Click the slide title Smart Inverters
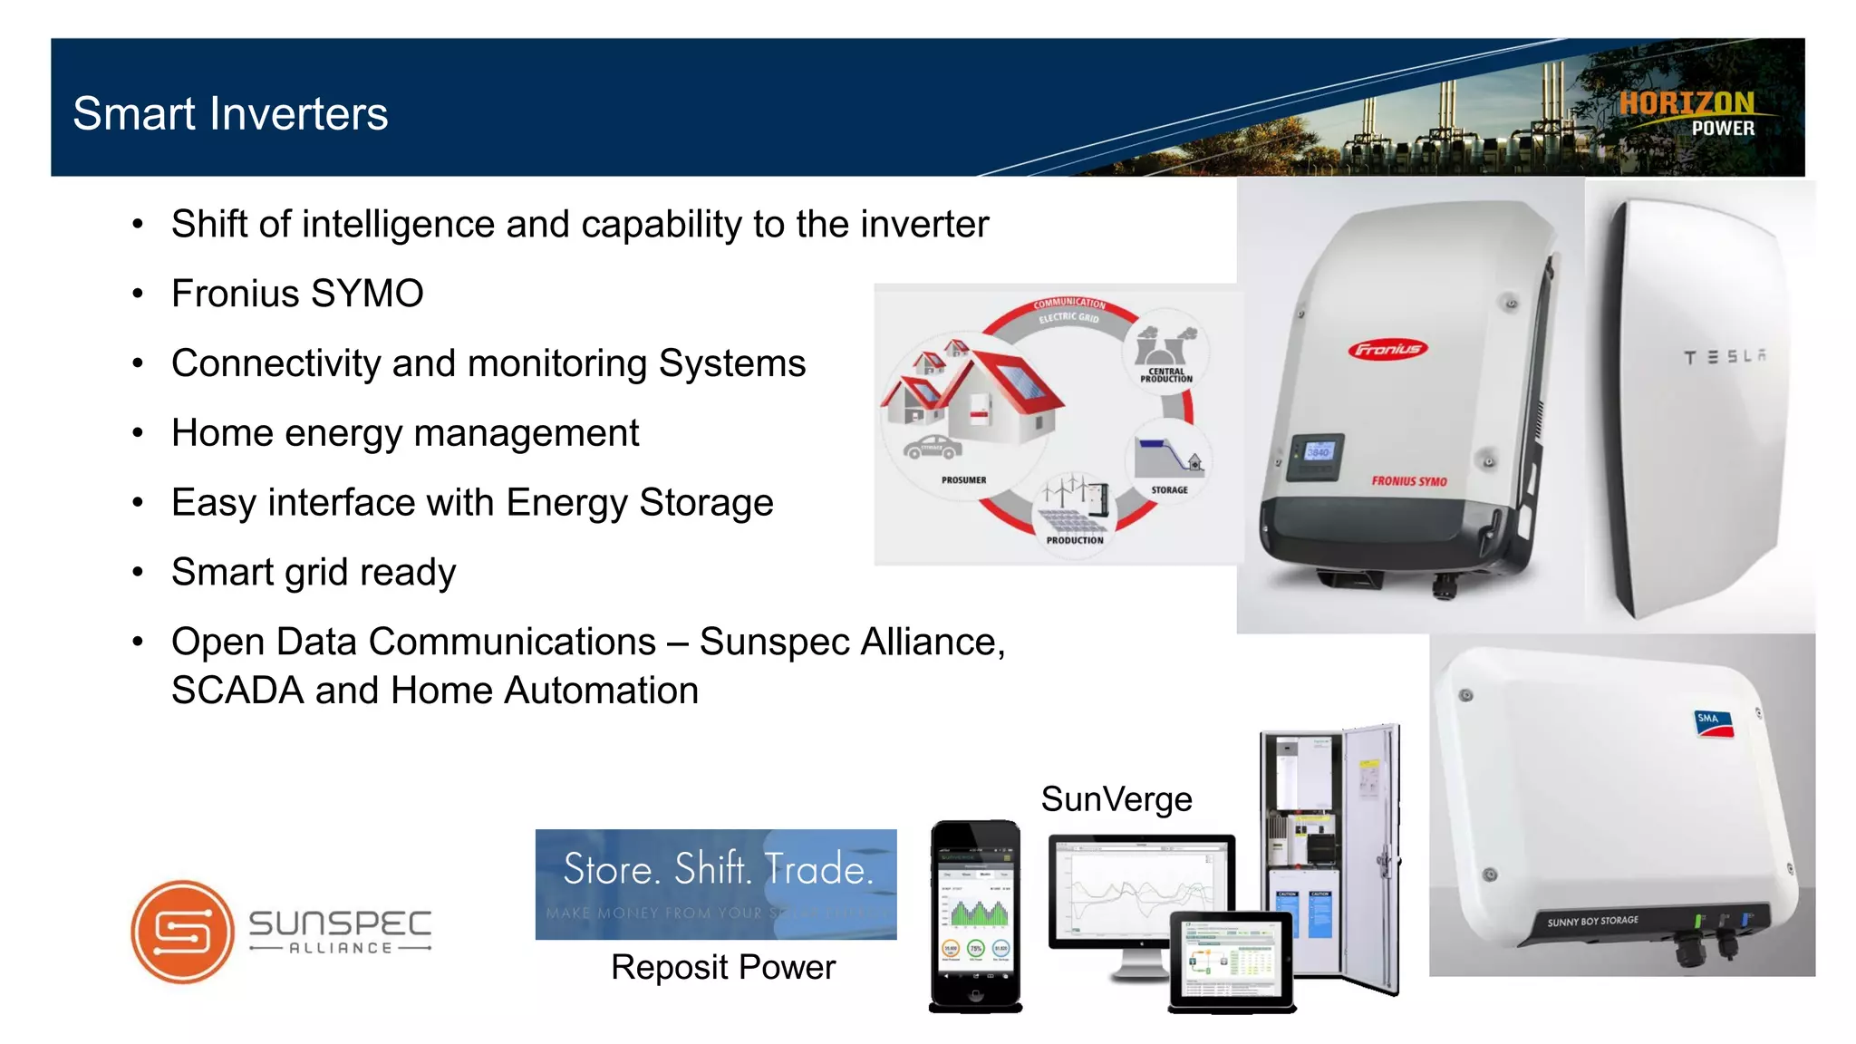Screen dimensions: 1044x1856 [x=230, y=114]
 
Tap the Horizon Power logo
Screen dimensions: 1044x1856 [x=1687, y=113]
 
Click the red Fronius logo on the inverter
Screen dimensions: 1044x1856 [x=1387, y=350]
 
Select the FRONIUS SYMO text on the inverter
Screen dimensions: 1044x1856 [x=1408, y=480]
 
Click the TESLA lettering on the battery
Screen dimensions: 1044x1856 [x=1725, y=357]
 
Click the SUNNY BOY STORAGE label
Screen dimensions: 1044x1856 [x=1592, y=921]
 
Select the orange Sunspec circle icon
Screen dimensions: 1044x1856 [x=183, y=931]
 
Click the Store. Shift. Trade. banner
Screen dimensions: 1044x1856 [x=716, y=883]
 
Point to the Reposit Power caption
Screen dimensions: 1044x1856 [x=722, y=967]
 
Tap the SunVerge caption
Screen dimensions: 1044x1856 [x=1116, y=799]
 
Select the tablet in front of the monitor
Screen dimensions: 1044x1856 [x=1232, y=960]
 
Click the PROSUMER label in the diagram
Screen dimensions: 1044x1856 [x=963, y=480]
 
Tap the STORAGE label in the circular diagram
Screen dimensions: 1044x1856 [x=1169, y=489]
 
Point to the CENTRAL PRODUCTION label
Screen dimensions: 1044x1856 [x=1166, y=375]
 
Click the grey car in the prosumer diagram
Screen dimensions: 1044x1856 [x=933, y=446]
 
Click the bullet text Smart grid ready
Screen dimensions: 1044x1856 [x=314, y=573]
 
